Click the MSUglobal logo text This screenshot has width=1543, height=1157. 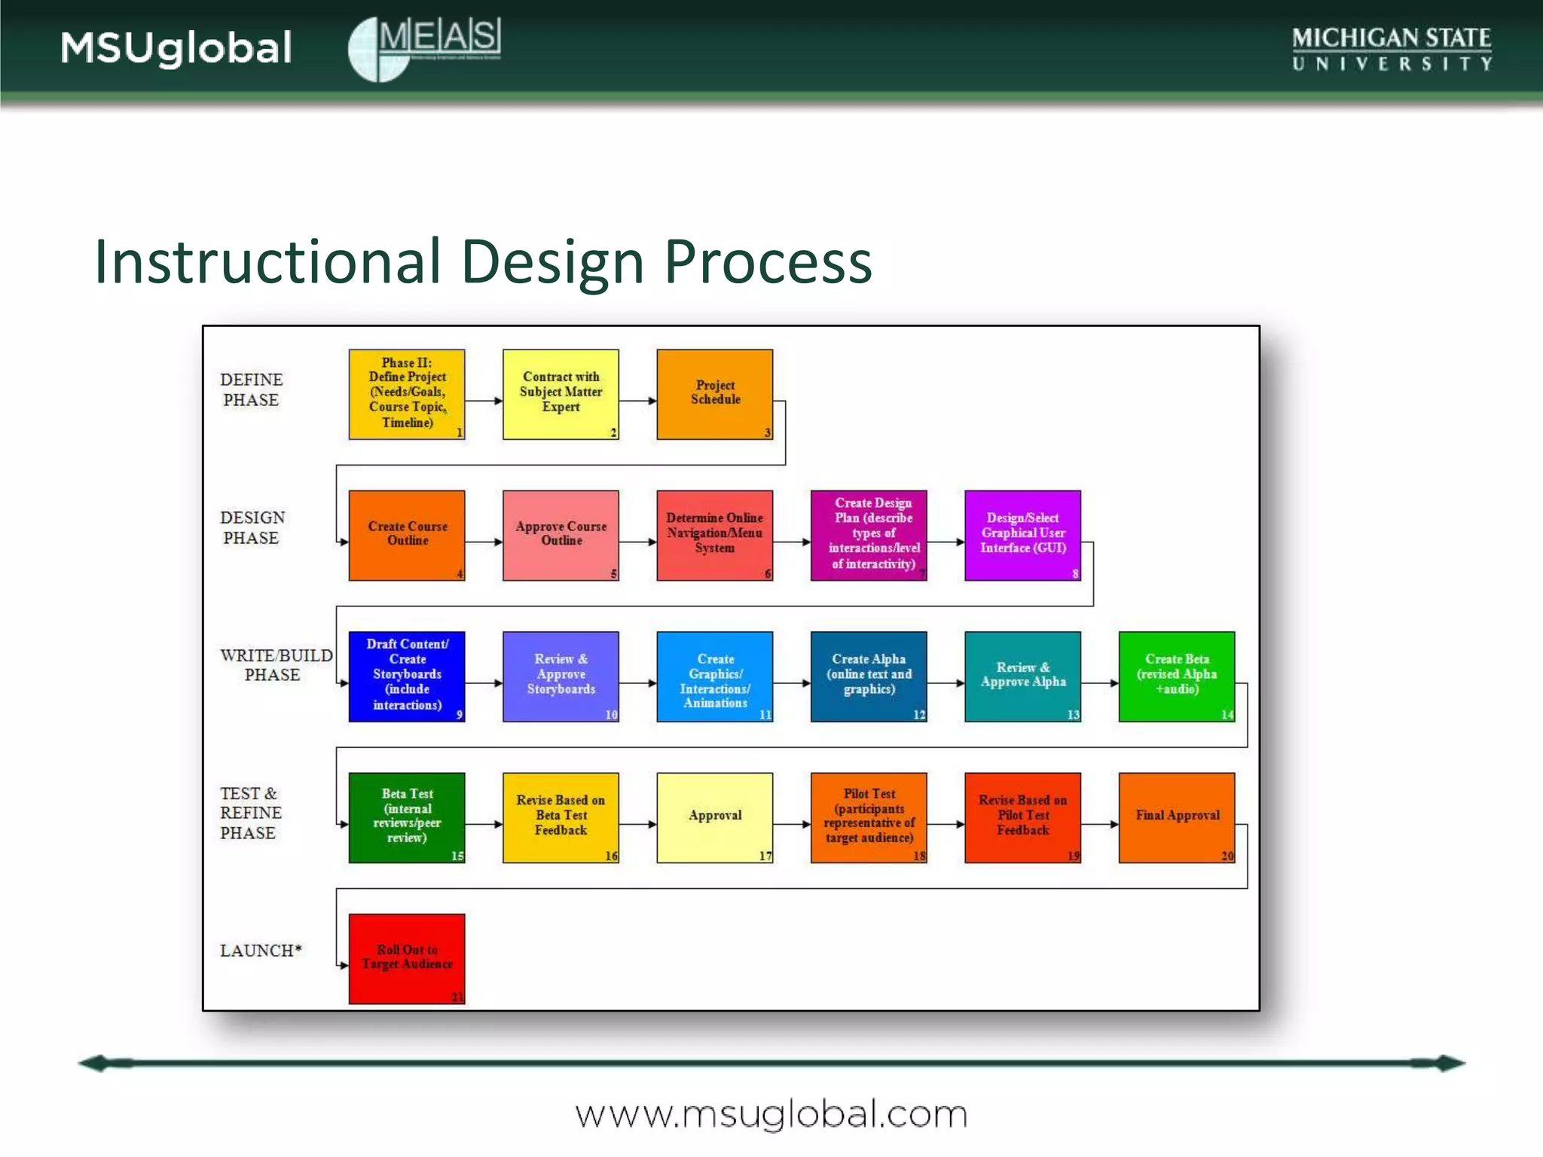pos(176,48)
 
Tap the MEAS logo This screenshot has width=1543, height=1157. pos(424,48)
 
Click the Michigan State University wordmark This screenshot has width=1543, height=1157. pos(1392,48)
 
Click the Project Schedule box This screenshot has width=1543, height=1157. pos(714,394)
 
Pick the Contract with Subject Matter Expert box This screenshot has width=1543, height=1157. pos(561,394)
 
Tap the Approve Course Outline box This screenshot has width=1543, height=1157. pos(561,535)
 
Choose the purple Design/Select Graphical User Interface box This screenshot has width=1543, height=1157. pos(1022,535)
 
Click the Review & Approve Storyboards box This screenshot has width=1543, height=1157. pos(561,676)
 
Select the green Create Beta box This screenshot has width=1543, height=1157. pos(1176,676)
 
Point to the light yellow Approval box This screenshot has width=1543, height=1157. pos(714,817)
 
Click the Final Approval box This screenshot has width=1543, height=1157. pos(1176,817)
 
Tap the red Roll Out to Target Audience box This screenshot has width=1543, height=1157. pos(407,958)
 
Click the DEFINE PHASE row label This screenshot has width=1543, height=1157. pos(252,389)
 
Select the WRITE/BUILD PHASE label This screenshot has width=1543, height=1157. pos(275,664)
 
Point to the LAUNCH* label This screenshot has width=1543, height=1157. pos(261,951)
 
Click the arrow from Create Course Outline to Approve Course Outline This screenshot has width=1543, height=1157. pos(484,542)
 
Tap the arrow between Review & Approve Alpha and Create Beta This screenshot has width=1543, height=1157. pos(1099,683)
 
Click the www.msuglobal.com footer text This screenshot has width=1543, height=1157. pos(771,1114)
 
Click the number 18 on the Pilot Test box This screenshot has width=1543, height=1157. pos(919,856)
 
